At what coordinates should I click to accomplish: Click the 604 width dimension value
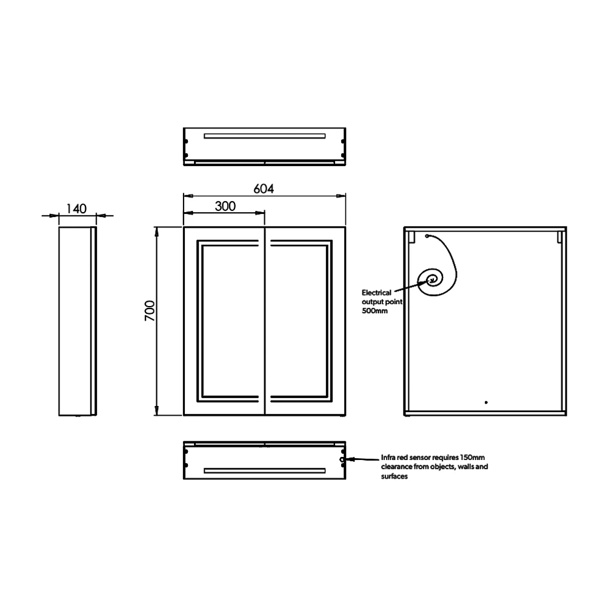(264, 188)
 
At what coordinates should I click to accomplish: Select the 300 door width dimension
(225, 206)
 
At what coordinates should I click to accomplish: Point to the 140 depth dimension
(76, 208)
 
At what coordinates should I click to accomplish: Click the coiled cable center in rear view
(433, 279)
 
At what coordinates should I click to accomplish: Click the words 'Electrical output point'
(381, 296)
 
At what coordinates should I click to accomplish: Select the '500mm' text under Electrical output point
(375, 310)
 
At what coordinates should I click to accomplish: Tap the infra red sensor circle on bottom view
(343, 460)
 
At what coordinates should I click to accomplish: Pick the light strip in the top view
(265, 135)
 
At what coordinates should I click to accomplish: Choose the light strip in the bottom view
(265, 470)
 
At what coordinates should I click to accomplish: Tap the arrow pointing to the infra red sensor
(362, 460)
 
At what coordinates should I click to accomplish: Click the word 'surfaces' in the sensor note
(394, 477)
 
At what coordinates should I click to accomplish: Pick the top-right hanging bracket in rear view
(559, 236)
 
